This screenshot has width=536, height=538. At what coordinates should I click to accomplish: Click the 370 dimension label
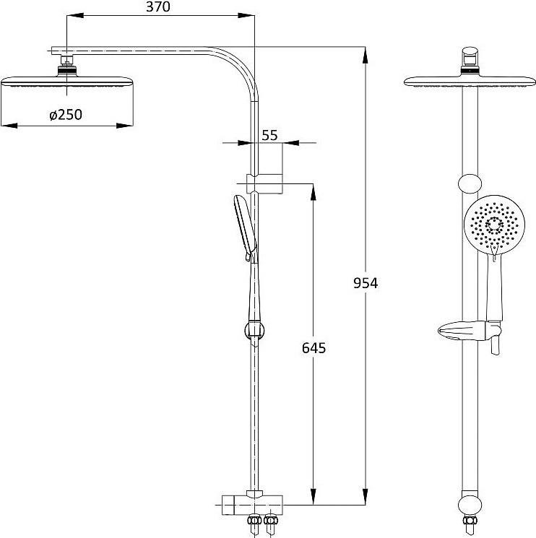click(158, 7)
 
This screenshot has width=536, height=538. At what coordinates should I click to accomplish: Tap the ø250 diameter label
click(66, 115)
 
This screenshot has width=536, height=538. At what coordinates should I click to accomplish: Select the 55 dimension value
click(269, 135)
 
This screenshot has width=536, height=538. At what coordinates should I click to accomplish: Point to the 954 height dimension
click(366, 283)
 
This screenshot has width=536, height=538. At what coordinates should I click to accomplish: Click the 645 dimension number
click(314, 348)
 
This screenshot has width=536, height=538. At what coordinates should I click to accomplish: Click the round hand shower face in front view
click(494, 225)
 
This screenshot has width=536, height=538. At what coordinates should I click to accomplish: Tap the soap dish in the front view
click(470, 331)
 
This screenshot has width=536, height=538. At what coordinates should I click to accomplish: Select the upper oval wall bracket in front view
click(470, 183)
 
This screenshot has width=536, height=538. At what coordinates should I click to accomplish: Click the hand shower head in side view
click(245, 227)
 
